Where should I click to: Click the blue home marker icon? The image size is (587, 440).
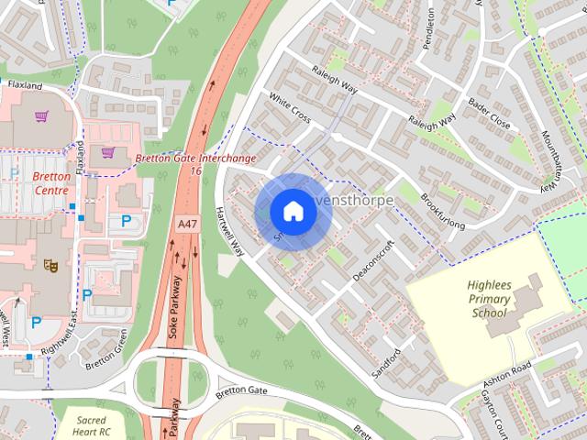(x=292, y=212)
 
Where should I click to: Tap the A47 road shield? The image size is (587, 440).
(x=186, y=223)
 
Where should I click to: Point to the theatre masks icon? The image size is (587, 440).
(x=51, y=265)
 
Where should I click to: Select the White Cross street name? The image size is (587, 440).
(x=290, y=109)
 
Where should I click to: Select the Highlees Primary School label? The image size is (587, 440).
(x=489, y=299)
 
